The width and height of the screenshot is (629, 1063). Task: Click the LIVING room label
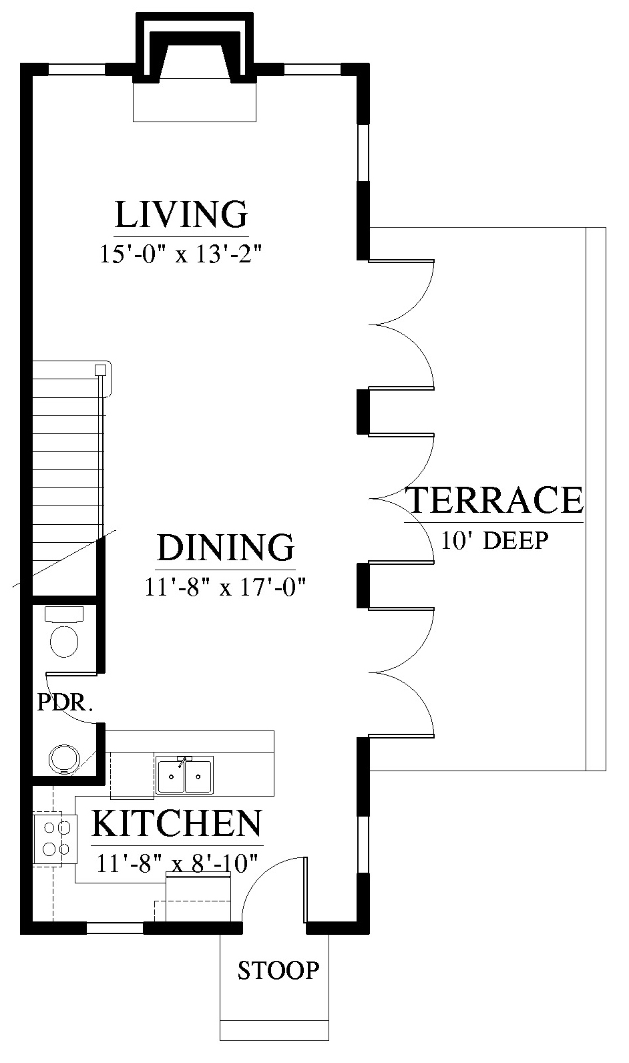[182, 214]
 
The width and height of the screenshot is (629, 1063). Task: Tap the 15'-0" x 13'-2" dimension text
[181, 254]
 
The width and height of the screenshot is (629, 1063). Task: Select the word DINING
[226, 548]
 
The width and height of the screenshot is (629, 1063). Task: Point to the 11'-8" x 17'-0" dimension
[225, 587]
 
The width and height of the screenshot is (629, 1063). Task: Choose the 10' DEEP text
[495, 541]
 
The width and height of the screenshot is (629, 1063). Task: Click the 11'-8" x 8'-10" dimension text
[177, 863]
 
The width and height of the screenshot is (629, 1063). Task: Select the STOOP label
[278, 970]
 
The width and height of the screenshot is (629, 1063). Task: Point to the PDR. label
[65, 703]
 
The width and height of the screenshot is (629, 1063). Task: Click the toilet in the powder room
[64, 632]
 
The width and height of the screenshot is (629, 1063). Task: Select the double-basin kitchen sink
[184, 775]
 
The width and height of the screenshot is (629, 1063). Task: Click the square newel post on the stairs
[100, 370]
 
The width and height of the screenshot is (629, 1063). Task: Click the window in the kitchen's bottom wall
[114, 927]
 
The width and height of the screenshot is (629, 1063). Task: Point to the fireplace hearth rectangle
[194, 102]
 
